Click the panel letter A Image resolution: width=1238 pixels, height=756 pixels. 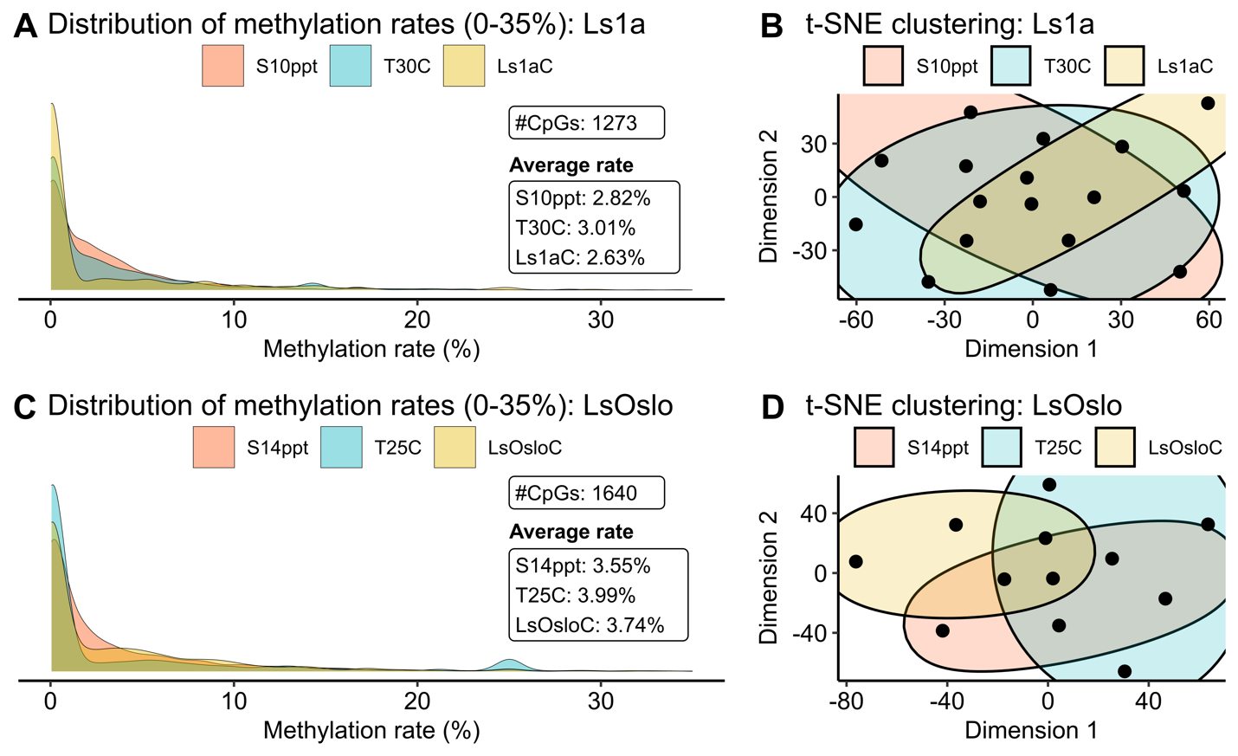[26, 26]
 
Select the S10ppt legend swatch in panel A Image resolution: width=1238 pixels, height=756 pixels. [222, 66]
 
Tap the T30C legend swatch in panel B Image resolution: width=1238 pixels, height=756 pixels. [1010, 67]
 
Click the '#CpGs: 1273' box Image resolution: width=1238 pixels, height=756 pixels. [586, 123]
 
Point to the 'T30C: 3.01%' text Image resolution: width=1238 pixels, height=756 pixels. [575, 228]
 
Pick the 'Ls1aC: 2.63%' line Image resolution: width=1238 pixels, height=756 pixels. [580, 257]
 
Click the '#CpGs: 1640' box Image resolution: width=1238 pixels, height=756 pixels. [586, 494]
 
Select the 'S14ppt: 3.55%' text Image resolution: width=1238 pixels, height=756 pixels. [583, 566]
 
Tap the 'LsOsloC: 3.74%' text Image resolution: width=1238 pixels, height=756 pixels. [590, 625]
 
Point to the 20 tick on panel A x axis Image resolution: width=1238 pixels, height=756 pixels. [417, 320]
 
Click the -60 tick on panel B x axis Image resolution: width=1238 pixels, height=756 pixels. [855, 320]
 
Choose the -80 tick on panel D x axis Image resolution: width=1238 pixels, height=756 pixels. [846, 701]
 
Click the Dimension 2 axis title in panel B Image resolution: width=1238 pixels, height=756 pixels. [768, 197]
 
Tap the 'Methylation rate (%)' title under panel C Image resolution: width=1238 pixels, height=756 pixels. [371, 730]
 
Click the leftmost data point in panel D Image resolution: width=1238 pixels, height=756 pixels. [855, 562]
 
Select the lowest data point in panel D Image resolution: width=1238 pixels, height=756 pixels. [1125, 671]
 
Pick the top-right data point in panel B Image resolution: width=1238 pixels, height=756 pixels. [1208, 103]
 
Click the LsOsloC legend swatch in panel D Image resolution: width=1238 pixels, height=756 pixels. [1116, 448]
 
